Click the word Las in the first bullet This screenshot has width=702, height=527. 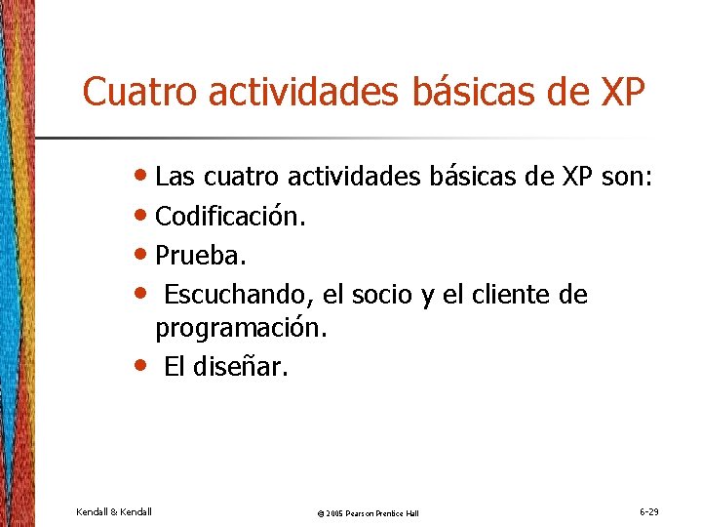pos(175,178)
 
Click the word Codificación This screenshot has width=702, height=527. pos(230,217)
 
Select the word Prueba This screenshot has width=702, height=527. pos(201,256)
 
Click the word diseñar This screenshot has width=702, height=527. pos(244,367)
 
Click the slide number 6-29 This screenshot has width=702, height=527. pos(648,511)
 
